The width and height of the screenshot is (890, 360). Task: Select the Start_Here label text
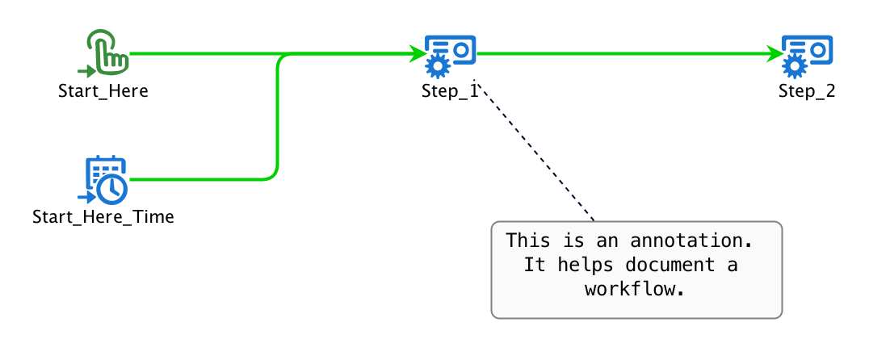point(103,91)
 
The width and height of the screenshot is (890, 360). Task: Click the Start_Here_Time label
point(103,217)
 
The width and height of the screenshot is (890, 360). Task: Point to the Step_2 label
point(807,91)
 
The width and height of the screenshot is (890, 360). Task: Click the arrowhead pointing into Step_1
point(418,54)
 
